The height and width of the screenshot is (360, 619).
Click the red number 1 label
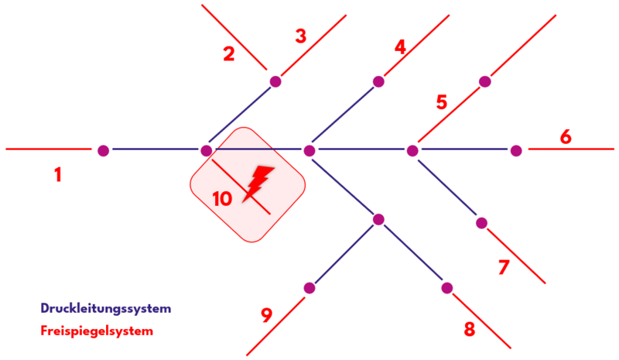click(57, 176)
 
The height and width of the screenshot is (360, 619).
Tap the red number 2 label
click(228, 54)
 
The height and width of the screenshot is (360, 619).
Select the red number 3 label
click(301, 36)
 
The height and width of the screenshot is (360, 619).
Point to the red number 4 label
click(400, 47)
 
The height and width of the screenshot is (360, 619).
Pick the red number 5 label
click(442, 102)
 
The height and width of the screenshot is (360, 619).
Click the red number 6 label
click(566, 137)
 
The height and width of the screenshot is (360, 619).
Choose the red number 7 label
click(504, 268)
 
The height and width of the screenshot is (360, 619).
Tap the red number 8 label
click(469, 329)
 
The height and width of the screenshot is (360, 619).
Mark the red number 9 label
click(266, 315)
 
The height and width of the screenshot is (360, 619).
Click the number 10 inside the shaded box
click(222, 199)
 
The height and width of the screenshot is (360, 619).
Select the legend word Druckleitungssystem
click(105, 308)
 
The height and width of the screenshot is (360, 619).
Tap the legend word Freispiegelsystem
click(97, 331)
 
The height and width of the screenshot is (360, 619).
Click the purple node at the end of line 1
click(104, 150)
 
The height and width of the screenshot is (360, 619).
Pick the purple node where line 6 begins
click(516, 150)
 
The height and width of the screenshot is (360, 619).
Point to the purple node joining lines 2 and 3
click(275, 81)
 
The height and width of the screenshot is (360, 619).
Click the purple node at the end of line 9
click(309, 288)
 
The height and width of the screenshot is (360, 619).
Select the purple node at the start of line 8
click(446, 288)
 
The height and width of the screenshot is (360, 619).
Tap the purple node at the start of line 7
click(481, 223)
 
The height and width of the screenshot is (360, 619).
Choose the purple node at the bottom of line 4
click(378, 81)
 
